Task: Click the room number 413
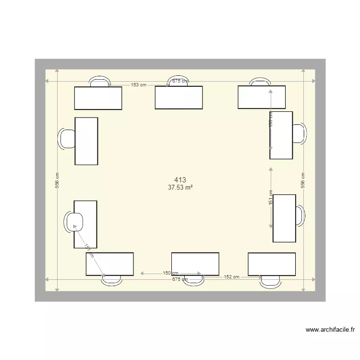(x=180, y=180)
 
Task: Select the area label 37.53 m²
(x=180, y=188)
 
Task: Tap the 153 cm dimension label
(x=139, y=85)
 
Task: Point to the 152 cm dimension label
(x=231, y=277)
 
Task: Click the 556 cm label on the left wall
(x=57, y=180)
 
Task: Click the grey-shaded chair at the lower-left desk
(x=74, y=221)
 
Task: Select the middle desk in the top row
(x=179, y=97)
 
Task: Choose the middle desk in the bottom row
(x=195, y=264)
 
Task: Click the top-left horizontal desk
(x=98, y=98)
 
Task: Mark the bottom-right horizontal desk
(x=272, y=264)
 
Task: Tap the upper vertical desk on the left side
(x=86, y=141)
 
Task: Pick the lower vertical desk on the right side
(x=284, y=218)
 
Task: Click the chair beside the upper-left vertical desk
(x=66, y=139)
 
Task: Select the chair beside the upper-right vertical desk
(x=300, y=133)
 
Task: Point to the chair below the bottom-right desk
(x=270, y=282)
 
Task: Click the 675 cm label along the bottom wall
(x=180, y=280)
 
